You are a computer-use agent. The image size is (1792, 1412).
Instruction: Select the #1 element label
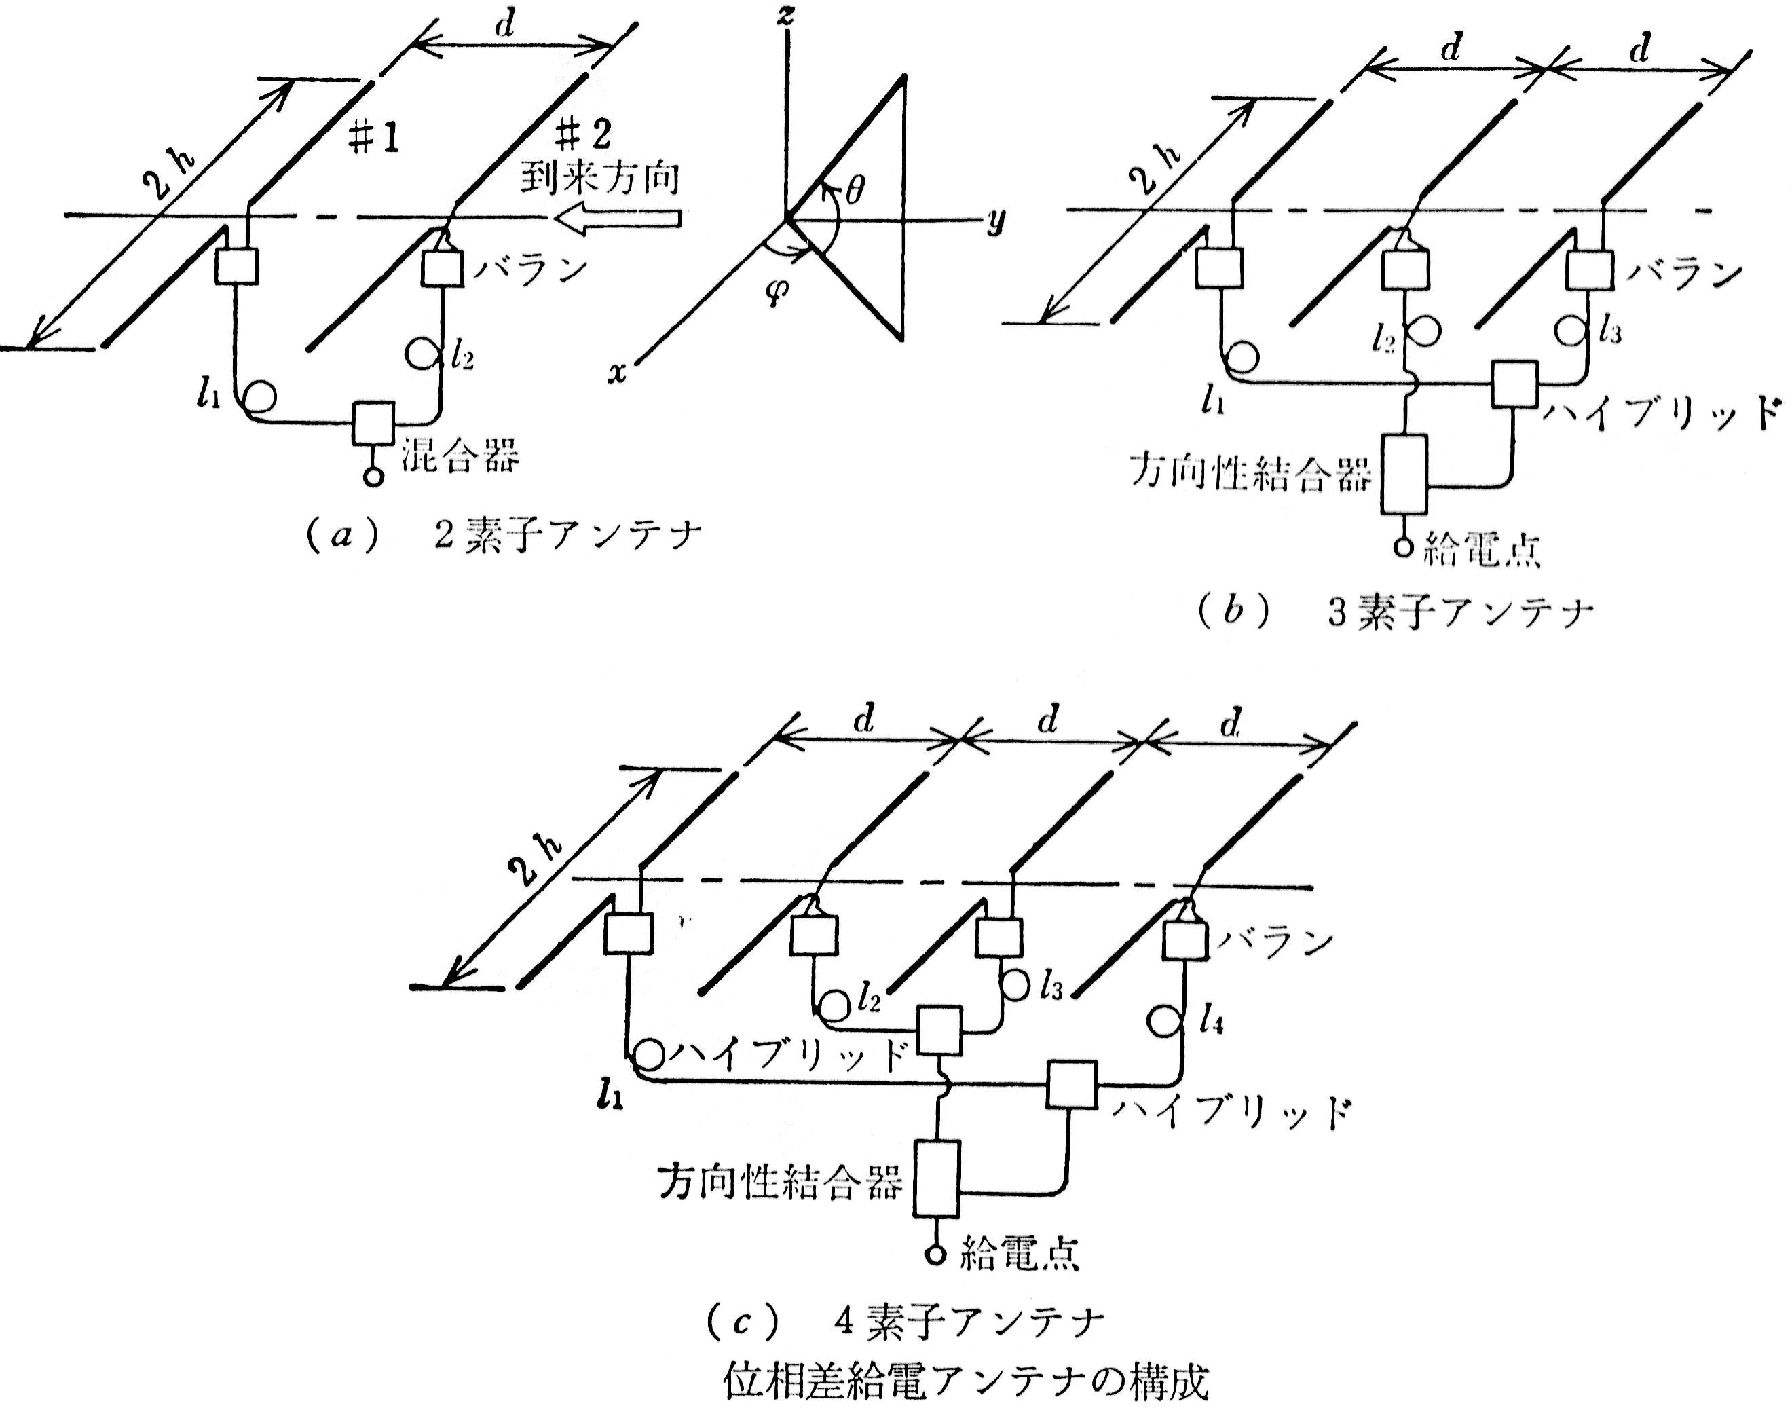coord(373,141)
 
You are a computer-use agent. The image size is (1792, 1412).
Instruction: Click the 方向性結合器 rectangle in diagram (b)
coord(1404,474)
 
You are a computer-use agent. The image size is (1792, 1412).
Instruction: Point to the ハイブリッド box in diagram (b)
coord(1514,384)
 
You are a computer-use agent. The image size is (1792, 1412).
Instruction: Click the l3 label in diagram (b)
coord(1609,333)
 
